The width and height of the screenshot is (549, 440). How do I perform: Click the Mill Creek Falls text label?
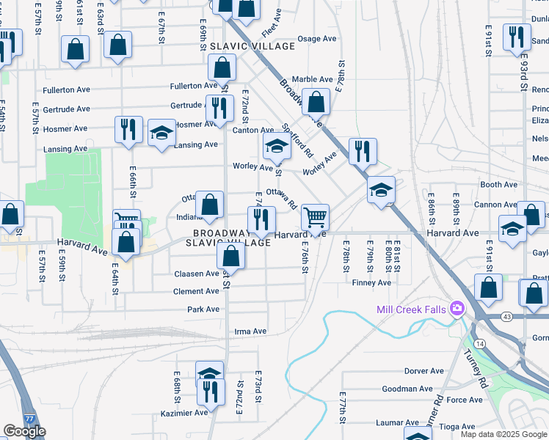pos(411,309)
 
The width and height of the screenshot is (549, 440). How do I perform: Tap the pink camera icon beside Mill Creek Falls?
pos(458,308)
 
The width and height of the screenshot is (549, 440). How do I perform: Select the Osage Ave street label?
pos(316,39)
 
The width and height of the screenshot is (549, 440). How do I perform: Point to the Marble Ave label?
pos(312,79)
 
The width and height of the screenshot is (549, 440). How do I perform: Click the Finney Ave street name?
pos(371,282)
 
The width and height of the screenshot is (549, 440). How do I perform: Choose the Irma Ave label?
pos(250,331)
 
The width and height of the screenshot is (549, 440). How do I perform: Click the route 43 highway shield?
pos(487,316)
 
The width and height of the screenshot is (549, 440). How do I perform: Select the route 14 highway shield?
pos(480,343)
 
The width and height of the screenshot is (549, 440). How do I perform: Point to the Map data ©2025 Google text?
pos(503,434)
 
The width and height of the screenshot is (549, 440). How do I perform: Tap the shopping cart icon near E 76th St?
pos(315,216)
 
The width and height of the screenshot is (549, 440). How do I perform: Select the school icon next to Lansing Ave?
pos(161,133)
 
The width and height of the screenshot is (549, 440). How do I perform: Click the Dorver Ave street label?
pos(423,371)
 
